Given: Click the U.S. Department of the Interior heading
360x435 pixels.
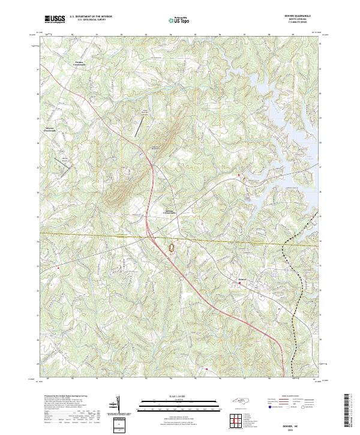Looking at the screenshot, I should point(91,16).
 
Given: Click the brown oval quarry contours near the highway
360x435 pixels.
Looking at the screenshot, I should point(173,247).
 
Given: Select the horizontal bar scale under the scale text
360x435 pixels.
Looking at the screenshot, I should point(174,402).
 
